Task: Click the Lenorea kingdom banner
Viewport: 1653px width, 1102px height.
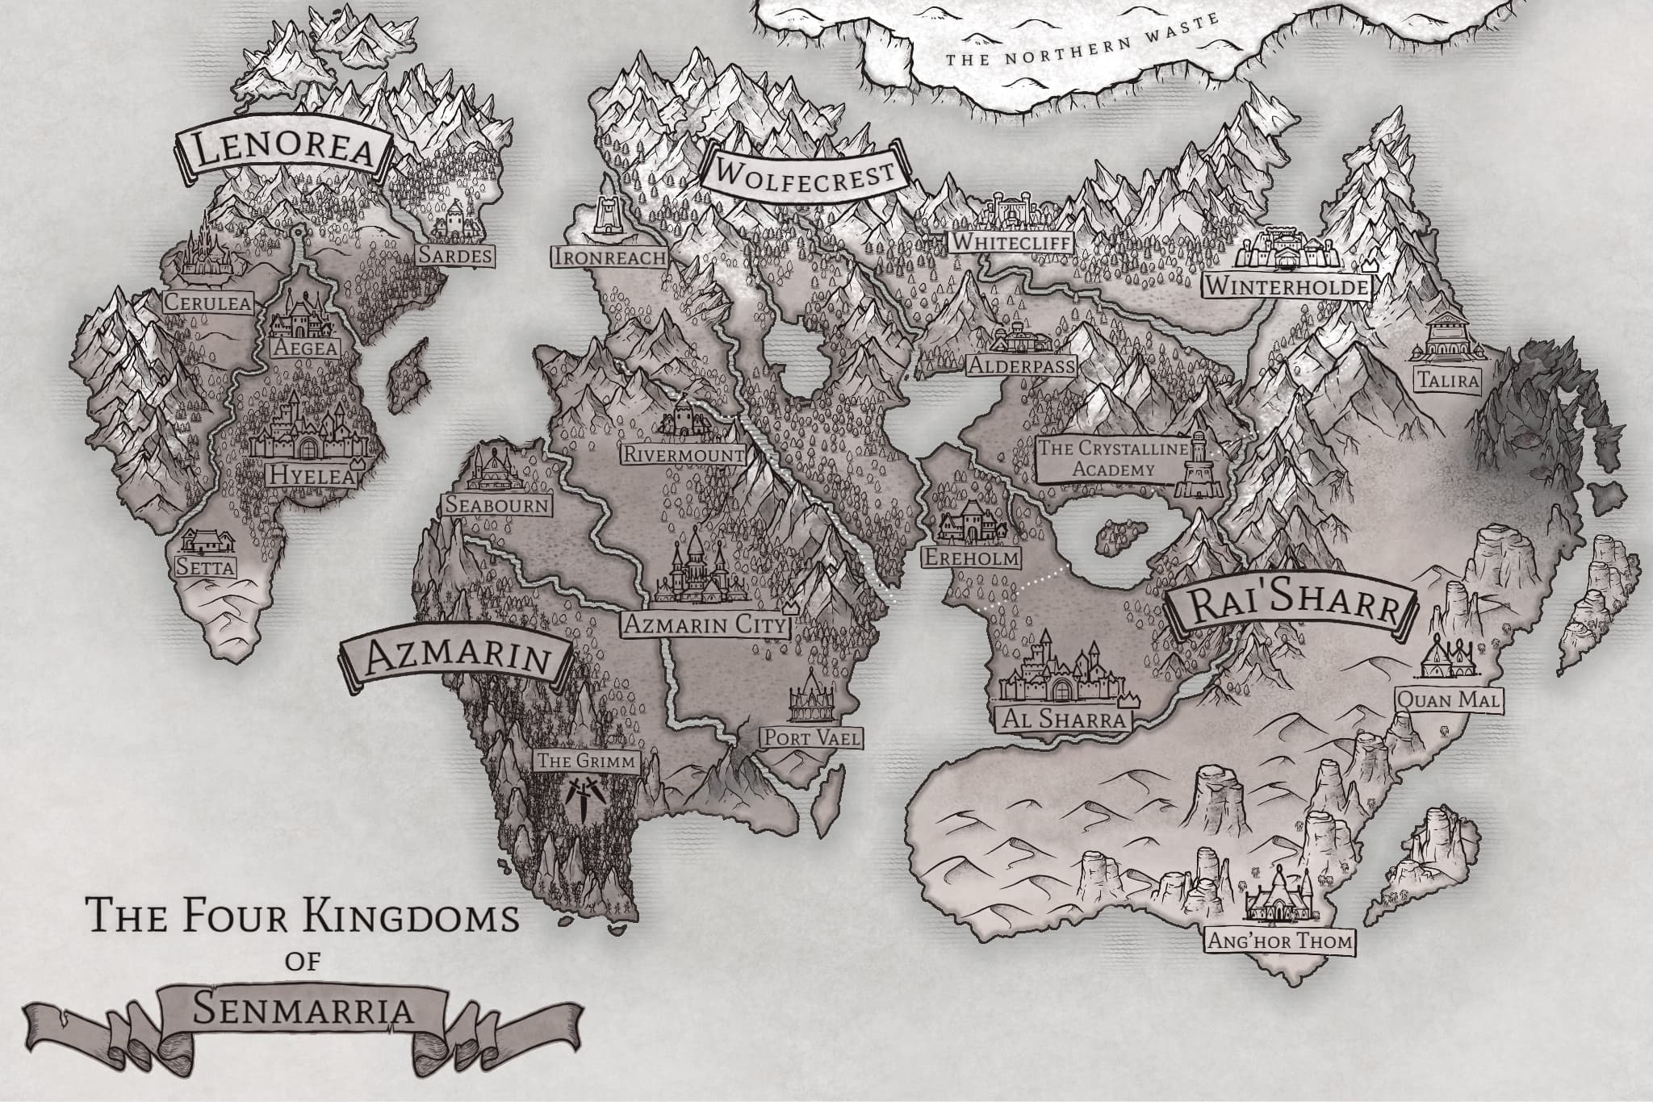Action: tap(282, 153)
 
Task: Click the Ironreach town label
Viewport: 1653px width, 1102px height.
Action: tap(609, 257)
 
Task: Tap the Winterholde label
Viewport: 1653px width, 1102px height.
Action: tap(1287, 286)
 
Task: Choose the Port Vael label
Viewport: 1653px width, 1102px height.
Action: tap(810, 737)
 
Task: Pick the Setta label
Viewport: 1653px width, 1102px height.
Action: tap(206, 567)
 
